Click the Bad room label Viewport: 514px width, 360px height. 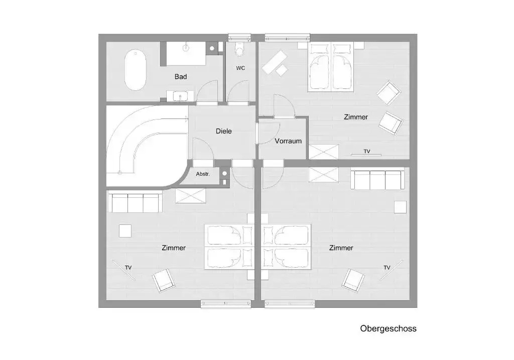[x=181, y=77]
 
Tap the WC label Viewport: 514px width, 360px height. [x=240, y=68]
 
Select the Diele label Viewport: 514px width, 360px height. [x=223, y=131]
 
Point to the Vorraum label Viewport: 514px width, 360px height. [x=288, y=141]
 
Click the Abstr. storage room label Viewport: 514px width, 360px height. [x=203, y=174]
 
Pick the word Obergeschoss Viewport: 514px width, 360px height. [x=388, y=328]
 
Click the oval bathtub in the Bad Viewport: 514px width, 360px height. [x=135, y=70]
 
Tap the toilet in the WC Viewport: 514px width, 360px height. [x=240, y=49]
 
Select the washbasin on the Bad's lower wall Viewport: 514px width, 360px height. [x=180, y=96]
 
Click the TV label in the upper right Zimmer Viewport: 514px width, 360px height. [x=367, y=151]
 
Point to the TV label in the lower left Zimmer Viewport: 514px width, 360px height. [x=128, y=268]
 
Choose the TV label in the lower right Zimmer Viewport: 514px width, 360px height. [x=387, y=268]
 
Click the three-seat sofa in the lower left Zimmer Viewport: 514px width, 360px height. [x=136, y=202]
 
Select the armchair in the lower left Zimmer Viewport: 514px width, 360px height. [x=164, y=280]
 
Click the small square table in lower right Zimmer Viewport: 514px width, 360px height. [x=400, y=207]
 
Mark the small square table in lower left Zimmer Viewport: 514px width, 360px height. [x=125, y=230]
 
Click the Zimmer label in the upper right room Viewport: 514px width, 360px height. [x=356, y=117]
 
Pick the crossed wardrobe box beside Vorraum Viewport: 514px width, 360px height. [x=324, y=152]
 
